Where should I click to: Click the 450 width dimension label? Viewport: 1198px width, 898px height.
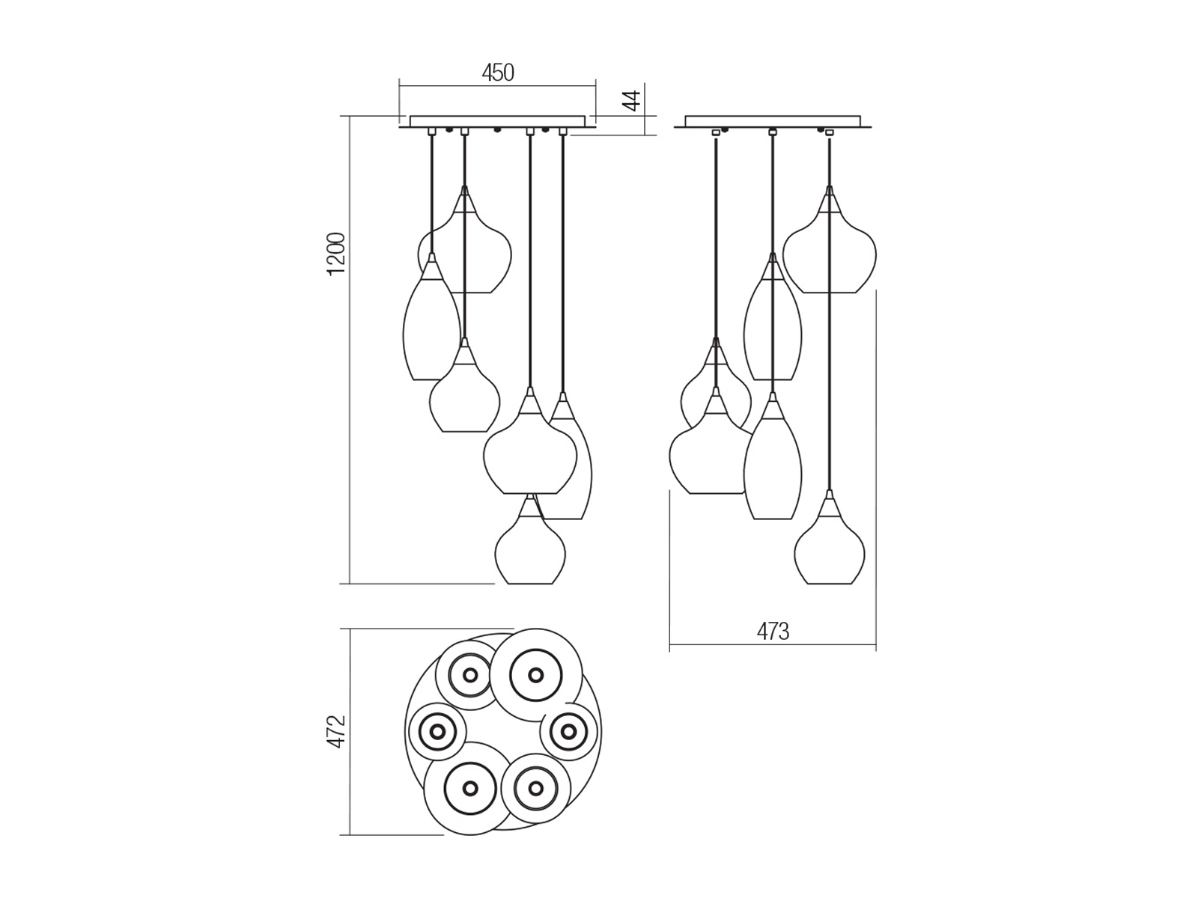pyautogui.click(x=498, y=73)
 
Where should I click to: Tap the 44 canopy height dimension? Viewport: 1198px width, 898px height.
pyautogui.click(x=633, y=100)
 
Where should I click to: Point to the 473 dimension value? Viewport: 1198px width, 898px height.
pyautogui.click(x=773, y=632)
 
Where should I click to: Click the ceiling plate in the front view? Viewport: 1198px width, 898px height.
pyautogui.click(x=497, y=121)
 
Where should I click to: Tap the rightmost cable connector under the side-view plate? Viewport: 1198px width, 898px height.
pyautogui.click(x=829, y=132)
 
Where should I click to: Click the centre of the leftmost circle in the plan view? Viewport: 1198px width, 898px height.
pyautogui.click(x=437, y=730)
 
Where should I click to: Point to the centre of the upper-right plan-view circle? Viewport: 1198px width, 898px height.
pyautogui.click(x=535, y=675)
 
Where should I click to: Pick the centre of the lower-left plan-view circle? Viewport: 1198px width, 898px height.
pyautogui.click(x=470, y=788)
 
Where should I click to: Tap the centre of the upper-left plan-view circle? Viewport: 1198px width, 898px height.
pyautogui.click(x=470, y=675)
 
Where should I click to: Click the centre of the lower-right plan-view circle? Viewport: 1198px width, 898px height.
pyautogui.click(x=535, y=788)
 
